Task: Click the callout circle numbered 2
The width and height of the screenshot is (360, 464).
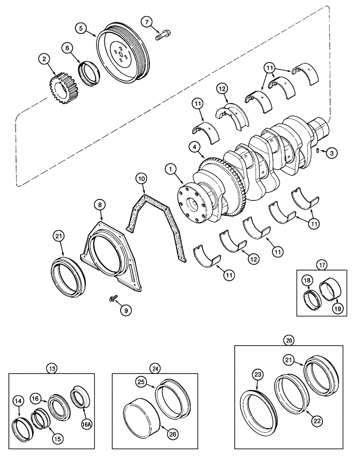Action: point(44,59)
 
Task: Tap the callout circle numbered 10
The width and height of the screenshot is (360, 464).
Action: point(141,178)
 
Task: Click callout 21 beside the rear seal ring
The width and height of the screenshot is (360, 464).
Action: point(58,237)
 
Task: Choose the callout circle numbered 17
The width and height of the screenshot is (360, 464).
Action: point(321,265)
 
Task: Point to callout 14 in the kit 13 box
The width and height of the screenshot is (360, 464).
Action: point(19,399)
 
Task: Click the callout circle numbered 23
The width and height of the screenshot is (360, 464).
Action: point(258,374)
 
